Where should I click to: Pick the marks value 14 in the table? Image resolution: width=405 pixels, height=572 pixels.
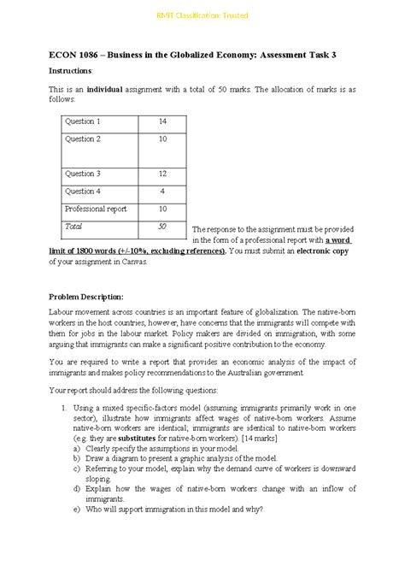[x=161, y=121]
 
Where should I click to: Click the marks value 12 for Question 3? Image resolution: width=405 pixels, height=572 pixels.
[x=161, y=174]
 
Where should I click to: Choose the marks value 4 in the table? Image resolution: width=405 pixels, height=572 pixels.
[x=161, y=191]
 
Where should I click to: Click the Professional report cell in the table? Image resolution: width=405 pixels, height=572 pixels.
[x=97, y=209]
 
